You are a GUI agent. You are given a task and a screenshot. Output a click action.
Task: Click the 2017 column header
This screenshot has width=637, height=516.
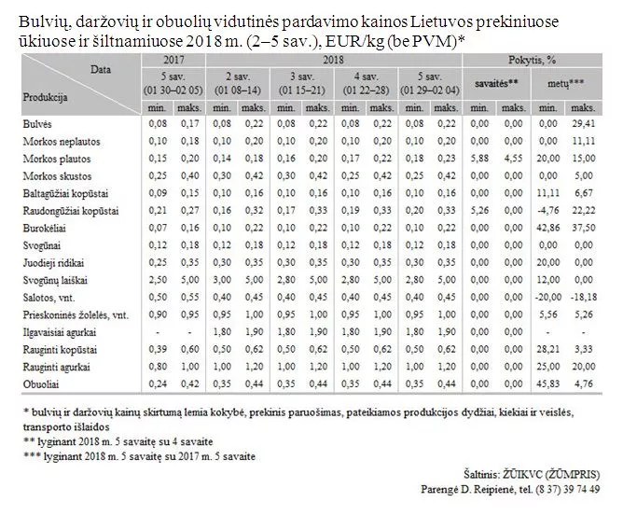173,59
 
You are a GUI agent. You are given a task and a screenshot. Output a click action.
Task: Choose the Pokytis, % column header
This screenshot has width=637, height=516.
539,59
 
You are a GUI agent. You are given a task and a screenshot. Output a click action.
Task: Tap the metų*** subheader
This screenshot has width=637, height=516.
563,82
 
